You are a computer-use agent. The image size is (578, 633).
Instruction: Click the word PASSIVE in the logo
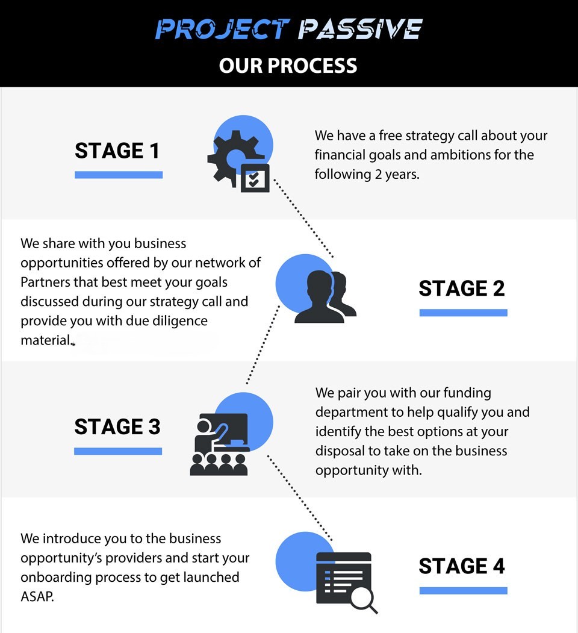360,29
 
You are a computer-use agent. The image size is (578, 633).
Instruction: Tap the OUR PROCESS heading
288,65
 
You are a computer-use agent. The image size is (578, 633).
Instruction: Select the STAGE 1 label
117,151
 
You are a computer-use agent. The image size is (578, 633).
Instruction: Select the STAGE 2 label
462,288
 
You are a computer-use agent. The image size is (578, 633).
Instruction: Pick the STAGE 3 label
117,426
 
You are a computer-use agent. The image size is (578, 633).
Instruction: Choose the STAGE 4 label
462,566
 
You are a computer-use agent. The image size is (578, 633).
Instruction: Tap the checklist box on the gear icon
255,178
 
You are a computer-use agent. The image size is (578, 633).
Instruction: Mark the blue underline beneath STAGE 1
119,175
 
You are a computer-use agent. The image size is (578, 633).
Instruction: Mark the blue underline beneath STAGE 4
463,590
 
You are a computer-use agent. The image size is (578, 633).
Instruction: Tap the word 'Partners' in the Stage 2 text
47,282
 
